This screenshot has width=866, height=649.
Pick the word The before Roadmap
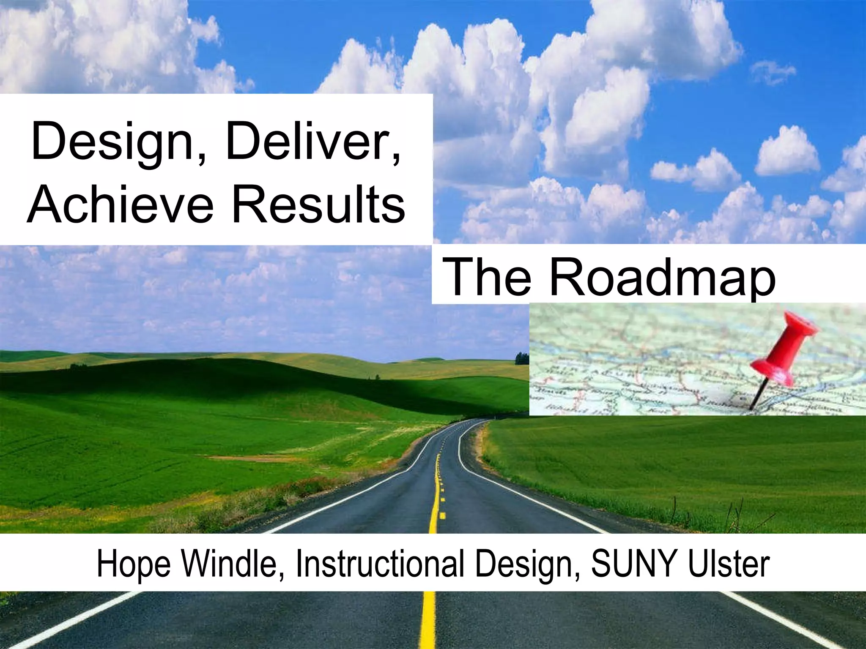click(488, 277)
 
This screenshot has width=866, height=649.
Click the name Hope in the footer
click(133, 564)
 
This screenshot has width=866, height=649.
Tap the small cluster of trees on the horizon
click(521, 358)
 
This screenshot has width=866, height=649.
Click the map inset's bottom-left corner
click(531, 414)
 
